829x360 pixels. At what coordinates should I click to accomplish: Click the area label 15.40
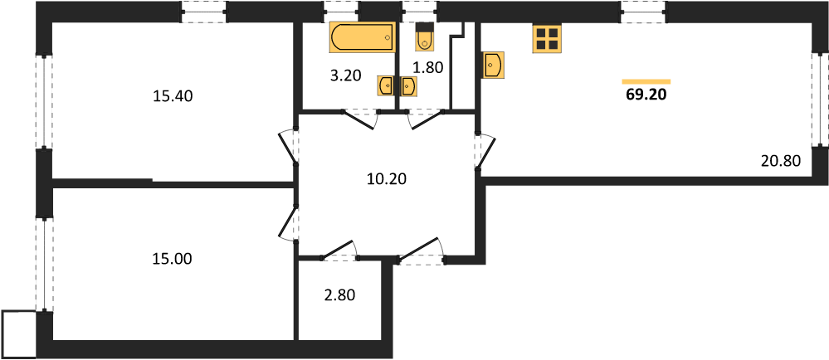click(173, 96)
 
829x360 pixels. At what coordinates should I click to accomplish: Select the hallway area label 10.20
click(387, 180)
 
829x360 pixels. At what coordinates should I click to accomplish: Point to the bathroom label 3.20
click(345, 75)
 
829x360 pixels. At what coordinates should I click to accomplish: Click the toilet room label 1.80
click(427, 67)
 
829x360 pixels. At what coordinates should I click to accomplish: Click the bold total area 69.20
click(646, 95)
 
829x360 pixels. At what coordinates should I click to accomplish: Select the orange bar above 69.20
click(646, 81)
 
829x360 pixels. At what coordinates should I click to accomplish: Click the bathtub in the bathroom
click(362, 37)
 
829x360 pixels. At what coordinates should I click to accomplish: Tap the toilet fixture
click(425, 37)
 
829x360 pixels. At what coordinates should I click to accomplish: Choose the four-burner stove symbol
click(546, 39)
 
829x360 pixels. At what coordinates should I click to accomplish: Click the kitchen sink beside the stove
click(493, 65)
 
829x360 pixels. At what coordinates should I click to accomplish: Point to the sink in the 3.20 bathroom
click(385, 85)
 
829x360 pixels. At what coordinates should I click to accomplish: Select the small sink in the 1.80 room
click(408, 85)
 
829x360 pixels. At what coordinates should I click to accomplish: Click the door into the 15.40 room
click(288, 147)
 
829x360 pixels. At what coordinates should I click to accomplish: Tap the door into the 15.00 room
click(289, 224)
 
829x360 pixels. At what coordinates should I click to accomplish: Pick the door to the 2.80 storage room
click(339, 251)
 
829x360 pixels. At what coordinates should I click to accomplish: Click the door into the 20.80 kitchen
click(485, 153)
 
